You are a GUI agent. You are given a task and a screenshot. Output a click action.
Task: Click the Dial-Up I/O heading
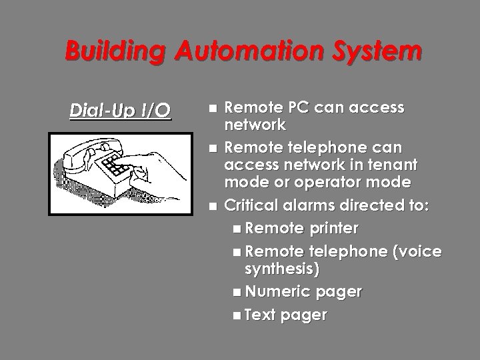120,110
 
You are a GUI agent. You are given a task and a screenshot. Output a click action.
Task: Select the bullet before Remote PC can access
212,107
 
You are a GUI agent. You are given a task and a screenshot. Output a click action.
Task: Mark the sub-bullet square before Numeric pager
238,291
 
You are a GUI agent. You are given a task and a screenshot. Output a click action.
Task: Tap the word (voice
414,251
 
